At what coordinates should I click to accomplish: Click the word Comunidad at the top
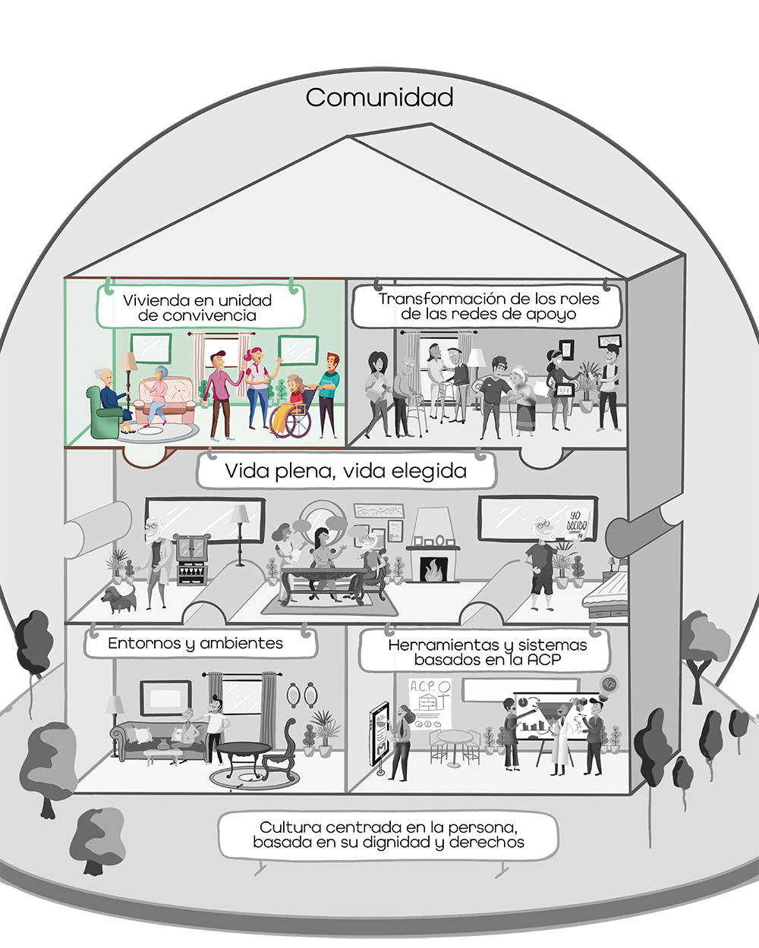tap(379, 97)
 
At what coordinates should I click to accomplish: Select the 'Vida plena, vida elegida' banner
tap(346, 471)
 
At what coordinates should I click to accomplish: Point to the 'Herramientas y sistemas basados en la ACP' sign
tap(487, 652)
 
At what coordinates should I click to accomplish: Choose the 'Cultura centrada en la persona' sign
tap(388, 835)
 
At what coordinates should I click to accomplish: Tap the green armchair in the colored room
tap(105, 413)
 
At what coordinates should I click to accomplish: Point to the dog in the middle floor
tap(119, 598)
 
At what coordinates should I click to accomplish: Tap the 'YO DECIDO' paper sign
tap(577, 523)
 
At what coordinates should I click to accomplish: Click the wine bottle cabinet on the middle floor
tap(192, 559)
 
